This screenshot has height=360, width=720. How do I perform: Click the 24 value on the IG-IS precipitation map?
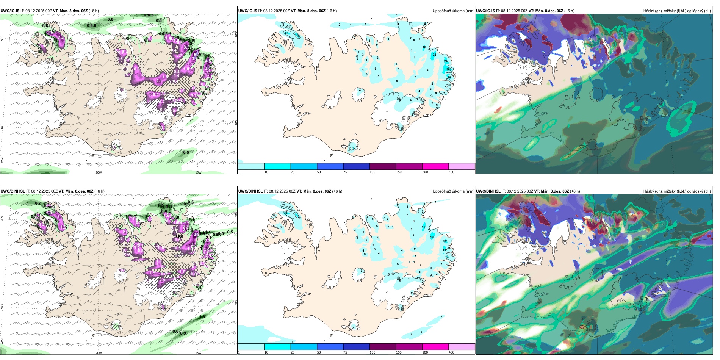tap(446, 61)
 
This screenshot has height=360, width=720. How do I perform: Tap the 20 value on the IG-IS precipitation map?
tap(286, 33)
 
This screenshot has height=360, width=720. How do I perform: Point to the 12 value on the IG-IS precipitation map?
tap(354, 148)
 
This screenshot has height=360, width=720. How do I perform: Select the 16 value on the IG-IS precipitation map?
tap(424, 47)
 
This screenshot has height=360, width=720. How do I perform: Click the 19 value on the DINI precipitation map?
tap(445, 250)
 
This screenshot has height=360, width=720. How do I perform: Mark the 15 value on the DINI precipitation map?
tap(423, 227)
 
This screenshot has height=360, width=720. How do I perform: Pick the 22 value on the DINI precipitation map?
tap(445, 241)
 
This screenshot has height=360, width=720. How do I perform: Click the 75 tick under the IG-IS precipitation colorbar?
tap(345, 172)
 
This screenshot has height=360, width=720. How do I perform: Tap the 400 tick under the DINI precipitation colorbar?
tap(451, 352)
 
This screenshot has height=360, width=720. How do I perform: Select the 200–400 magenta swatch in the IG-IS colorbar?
tap(435, 166)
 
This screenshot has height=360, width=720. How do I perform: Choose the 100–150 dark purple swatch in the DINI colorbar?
tap(383, 347)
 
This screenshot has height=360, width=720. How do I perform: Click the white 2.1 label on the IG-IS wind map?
tap(159, 81)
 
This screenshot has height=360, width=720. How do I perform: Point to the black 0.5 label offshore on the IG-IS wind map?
tap(186, 153)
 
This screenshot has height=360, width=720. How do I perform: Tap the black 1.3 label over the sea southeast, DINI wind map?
tap(202, 317)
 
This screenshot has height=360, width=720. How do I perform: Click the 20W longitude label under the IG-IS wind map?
tap(99, 172)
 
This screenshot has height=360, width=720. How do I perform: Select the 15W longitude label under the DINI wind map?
tap(198, 353)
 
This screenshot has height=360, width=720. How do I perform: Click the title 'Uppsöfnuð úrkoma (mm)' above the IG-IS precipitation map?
tap(453, 11)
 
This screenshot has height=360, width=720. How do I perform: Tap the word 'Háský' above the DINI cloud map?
tap(649, 191)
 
